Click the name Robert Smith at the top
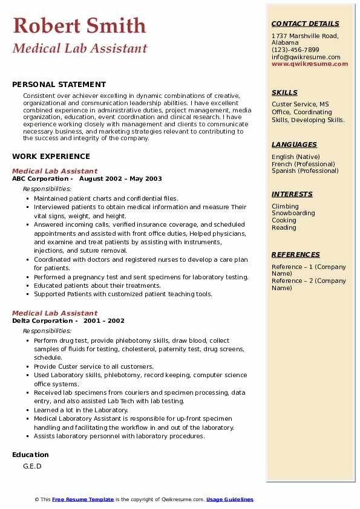tap(79, 25)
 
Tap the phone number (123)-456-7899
tap(295, 50)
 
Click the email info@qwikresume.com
tap(306, 57)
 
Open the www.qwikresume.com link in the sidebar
tap(310, 63)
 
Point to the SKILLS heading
tap(284, 92)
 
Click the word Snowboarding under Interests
tap(293, 213)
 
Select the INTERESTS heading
tap(292, 194)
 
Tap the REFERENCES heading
tap(296, 254)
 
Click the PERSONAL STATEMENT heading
tap(59, 85)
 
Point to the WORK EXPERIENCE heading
tap(51, 156)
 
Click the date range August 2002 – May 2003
tap(120, 179)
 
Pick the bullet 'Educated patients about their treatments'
tap(97, 286)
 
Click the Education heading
tap(30, 455)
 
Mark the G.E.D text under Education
tap(32, 467)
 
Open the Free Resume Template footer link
tap(83, 499)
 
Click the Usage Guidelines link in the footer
tap(229, 499)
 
